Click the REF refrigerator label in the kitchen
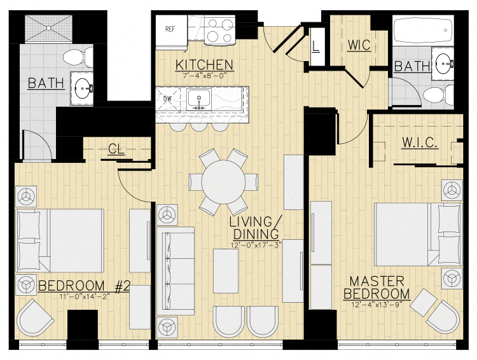coord(170,29)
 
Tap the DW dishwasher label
coord(168,99)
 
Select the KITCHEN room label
coord(204,64)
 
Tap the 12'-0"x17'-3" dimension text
coord(256,244)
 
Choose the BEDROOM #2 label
coord(84,286)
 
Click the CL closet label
coord(116,149)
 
